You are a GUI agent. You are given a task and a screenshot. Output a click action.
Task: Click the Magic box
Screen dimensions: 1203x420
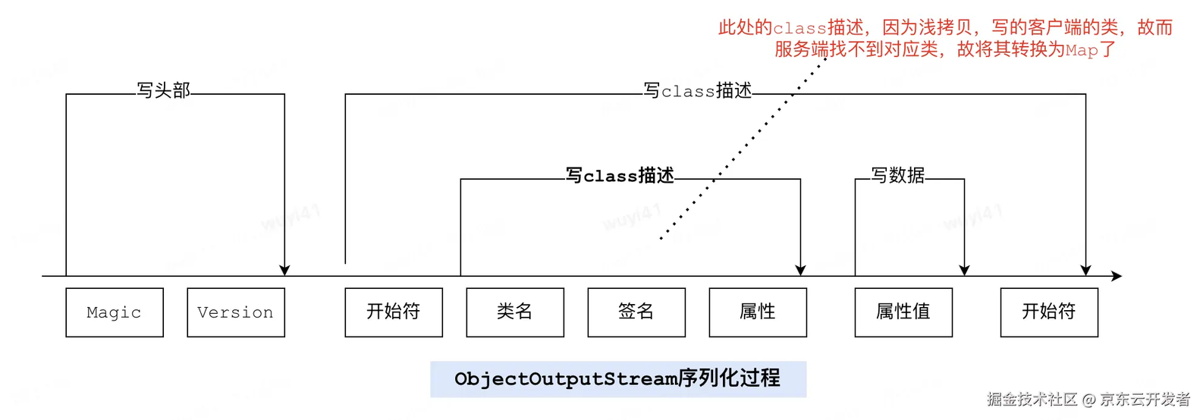click(x=115, y=312)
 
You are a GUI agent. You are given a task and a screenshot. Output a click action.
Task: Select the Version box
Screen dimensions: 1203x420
click(x=236, y=312)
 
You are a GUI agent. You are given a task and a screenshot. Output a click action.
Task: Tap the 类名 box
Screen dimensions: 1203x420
click(x=515, y=312)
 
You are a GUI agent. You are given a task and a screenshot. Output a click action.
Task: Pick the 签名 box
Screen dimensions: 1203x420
click(x=636, y=312)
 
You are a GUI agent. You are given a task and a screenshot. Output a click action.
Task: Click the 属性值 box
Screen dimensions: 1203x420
click(x=903, y=312)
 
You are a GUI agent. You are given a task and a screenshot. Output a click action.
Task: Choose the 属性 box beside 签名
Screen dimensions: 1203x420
click(x=758, y=312)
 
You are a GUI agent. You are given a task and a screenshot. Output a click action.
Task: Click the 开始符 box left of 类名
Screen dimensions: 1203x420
click(x=394, y=312)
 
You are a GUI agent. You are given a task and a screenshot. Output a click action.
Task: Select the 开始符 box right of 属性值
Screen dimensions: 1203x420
click(x=1049, y=312)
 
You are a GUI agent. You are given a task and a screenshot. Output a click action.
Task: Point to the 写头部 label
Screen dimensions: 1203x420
click(x=163, y=90)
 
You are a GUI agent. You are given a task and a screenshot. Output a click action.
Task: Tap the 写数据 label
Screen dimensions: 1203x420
click(x=897, y=175)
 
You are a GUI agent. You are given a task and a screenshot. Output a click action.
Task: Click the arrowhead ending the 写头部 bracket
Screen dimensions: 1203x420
click(x=284, y=270)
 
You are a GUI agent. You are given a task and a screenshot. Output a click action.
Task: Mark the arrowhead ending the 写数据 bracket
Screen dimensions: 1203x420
click(x=964, y=270)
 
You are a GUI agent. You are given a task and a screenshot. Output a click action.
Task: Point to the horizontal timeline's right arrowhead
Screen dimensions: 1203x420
click(x=1117, y=276)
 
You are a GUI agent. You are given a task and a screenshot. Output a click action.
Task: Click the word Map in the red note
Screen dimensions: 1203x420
click(x=1082, y=51)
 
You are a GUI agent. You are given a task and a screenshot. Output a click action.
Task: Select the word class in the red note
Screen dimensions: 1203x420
click(x=799, y=28)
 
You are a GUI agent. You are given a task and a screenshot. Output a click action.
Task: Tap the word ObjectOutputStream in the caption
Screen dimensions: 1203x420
click(x=566, y=379)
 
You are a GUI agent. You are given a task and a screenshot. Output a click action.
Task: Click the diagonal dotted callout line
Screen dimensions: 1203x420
click(x=743, y=149)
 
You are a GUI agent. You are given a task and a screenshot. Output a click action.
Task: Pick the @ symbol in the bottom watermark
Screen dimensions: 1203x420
click(x=1088, y=400)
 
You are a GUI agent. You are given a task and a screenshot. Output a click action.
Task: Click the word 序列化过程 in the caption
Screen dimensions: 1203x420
click(x=729, y=378)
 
